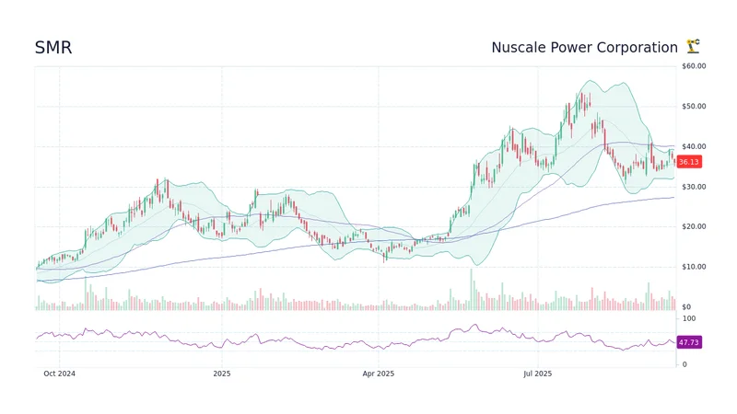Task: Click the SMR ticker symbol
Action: pos(53,48)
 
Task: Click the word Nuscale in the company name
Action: pos(521,48)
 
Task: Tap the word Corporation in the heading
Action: pos(637,48)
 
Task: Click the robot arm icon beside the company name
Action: pos(693,47)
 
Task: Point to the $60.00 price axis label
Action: pos(694,66)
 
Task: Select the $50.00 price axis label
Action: pos(694,107)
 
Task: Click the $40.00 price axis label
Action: pos(694,146)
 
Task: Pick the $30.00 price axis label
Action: pos(694,187)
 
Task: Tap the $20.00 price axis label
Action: pos(694,226)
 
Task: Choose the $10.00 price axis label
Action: pos(694,267)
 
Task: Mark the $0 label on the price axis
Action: pos(687,306)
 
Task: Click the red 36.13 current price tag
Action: pos(689,162)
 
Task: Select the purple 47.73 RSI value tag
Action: pos(689,342)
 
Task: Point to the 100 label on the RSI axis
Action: pos(688,317)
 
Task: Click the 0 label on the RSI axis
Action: pos(683,364)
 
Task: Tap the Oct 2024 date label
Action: pos(60,374)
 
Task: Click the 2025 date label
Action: pos(221,374)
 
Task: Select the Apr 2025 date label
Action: pos(378,374)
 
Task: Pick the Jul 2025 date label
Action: pos(536,374)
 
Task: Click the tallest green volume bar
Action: pos(472,289)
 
